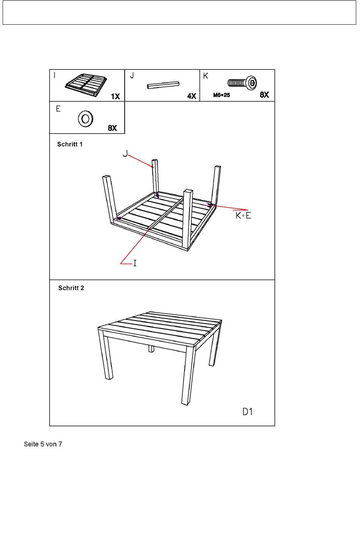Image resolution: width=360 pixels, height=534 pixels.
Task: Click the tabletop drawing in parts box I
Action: (x=86, y=84)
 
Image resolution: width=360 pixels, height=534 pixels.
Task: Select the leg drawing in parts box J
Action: (x=163, y=85)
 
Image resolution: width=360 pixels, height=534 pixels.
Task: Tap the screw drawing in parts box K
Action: (x=242, y=83)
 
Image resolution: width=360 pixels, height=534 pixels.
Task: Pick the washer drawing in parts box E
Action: (x=86, y=119)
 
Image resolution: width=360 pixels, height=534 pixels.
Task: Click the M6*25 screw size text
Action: (x=221, y=95)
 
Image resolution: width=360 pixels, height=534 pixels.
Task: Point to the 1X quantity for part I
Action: (x=115, y=96)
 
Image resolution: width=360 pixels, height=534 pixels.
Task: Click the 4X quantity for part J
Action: (x=191, y=96)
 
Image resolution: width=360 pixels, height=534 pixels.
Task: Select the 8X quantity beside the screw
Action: (x=264, y=95)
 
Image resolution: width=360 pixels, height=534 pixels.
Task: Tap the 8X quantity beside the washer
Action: (x=112, y=128)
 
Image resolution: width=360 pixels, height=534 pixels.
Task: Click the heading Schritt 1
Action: (x=70, y=144)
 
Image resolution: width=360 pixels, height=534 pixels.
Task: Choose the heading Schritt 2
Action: (x=71, y=288)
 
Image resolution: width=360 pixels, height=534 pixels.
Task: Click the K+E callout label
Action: (x=243, y=215)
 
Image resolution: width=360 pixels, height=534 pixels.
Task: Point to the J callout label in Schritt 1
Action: (x=125, y=154)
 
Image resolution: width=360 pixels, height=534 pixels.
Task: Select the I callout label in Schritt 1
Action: (x=135, y=262)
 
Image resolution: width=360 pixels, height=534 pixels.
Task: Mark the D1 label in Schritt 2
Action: (x=247, y=411)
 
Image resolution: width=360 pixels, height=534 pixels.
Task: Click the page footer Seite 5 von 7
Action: (x=43, y=444)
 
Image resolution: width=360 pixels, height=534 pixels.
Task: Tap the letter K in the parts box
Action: (x=206, y=76)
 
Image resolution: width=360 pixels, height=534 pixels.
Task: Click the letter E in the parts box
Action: (x=58, y=109)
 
